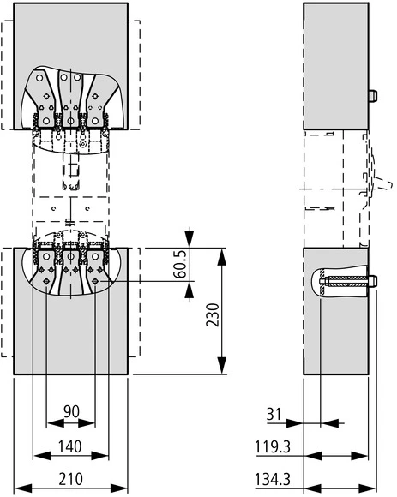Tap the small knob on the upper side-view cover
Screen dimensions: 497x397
point(373,95)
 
